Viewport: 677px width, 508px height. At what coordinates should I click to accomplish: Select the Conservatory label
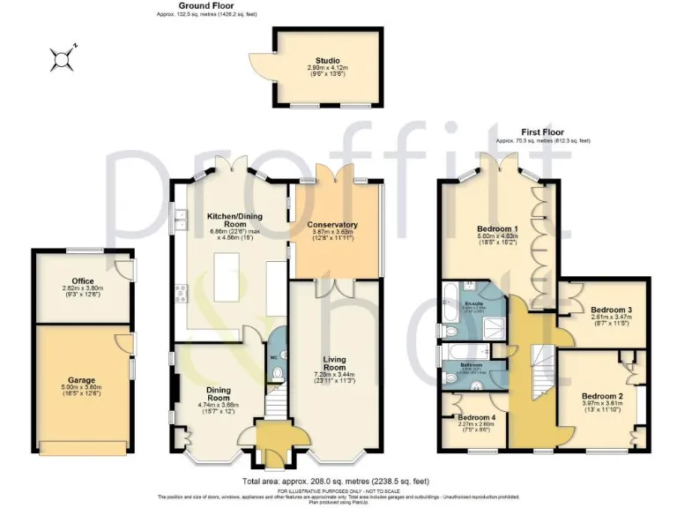tap(332, 224)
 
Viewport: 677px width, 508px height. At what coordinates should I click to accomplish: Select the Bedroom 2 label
tap(602, 396)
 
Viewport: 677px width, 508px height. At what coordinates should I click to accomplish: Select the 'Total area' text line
tap(335, 481)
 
